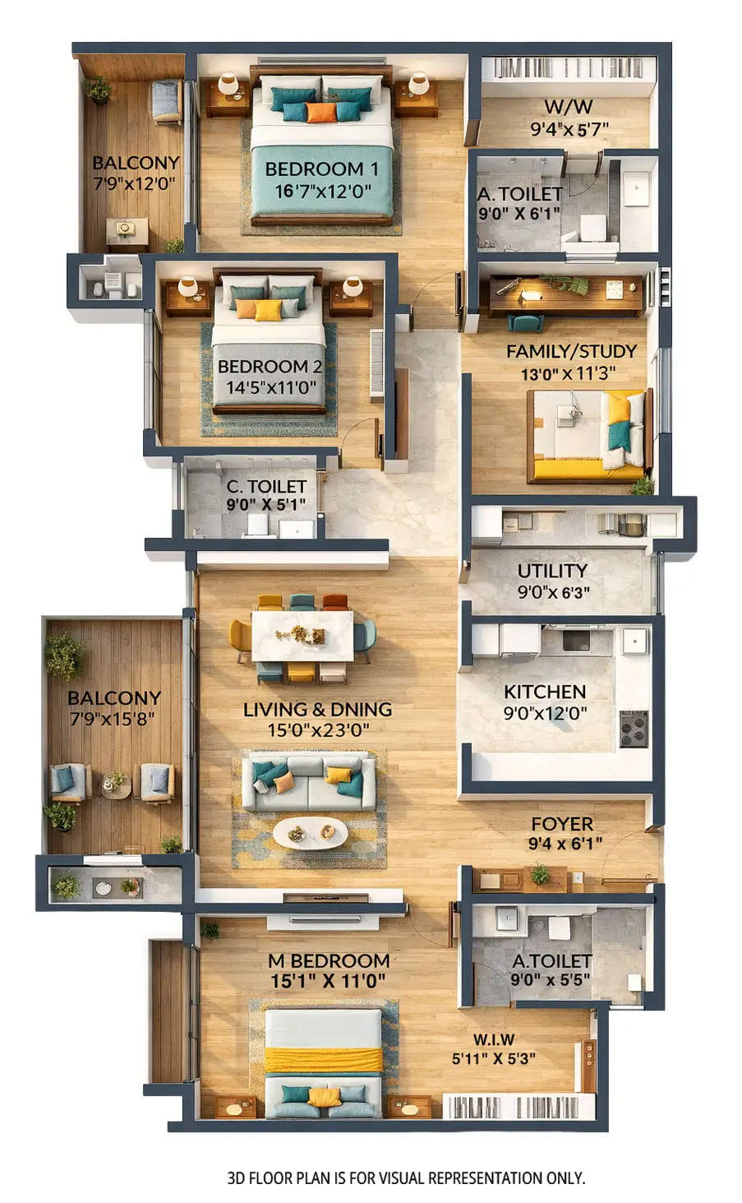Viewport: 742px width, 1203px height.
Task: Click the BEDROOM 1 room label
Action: click(x=321, y=169)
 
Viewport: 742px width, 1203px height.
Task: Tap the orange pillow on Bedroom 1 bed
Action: click(x=321, y=112)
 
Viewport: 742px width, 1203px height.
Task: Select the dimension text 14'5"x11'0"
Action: click(x=270, y=387)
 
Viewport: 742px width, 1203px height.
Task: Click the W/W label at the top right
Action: click(x=568, y=107)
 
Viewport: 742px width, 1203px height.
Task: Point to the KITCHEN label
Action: click(x=545, y=692)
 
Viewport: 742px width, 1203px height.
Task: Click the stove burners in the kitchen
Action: click(x=633, y=729)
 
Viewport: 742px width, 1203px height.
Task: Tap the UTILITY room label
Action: click(x=552, y=571)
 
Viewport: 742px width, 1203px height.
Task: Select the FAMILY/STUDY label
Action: click(x=571, y=352)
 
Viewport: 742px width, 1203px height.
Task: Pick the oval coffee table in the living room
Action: click(x=310, y=833)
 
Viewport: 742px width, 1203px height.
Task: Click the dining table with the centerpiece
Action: click(x=302, y=636)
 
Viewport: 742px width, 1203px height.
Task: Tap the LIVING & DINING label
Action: click(x=317, y=709)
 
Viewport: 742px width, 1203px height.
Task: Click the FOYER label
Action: click(x=562, y=824)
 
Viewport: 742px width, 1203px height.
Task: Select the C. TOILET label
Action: click(x=266, y=487)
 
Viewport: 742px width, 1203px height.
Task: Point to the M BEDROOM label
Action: click(x=329, y=960)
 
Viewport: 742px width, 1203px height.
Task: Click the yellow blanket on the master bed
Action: click(x=323, y=1059)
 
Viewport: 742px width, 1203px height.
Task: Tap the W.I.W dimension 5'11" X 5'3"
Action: click(x=493, y=1059)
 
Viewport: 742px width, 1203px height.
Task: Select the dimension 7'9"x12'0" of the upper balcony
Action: click(x=135, y=183)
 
